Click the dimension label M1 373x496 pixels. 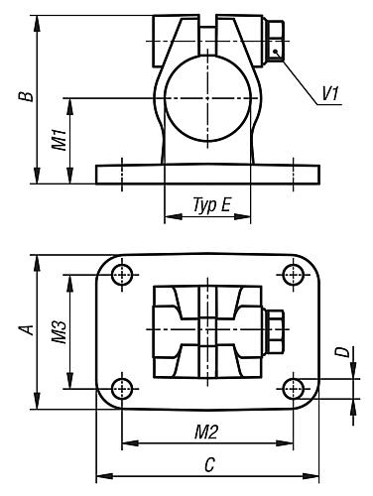tap(59, 140)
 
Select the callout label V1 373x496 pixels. tap(330, 94)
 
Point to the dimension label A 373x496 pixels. tap(28, 330)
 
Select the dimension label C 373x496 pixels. tap(208, 462)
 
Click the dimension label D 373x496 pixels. tap(340, 352)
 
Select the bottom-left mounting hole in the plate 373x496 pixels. tap(121, 387)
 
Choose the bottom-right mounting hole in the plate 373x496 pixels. tap(294, 387)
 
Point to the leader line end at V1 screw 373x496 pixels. tap(280, 58)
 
